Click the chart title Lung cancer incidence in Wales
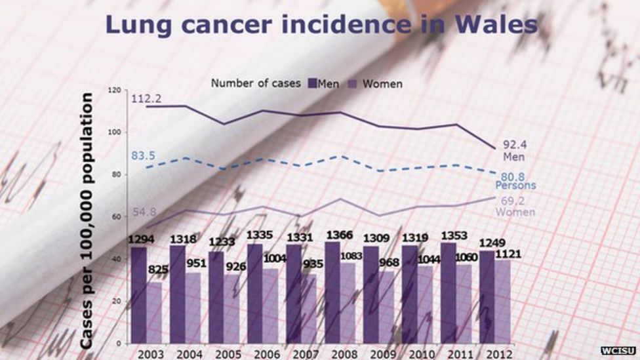click(x=321, y=24)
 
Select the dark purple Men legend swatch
click(x=311, y=83)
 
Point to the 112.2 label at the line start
click(x=146, y=99)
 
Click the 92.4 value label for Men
click(x=515, y=145)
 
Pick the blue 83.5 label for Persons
click(x=143, y=155)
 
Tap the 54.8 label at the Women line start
click(x=144, y=212)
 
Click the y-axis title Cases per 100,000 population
click(x=87, y=220)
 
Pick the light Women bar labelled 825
click(x=154, y=312)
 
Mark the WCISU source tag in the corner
click(x=618, y=351)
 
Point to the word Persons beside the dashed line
click(x=515, y=186)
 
